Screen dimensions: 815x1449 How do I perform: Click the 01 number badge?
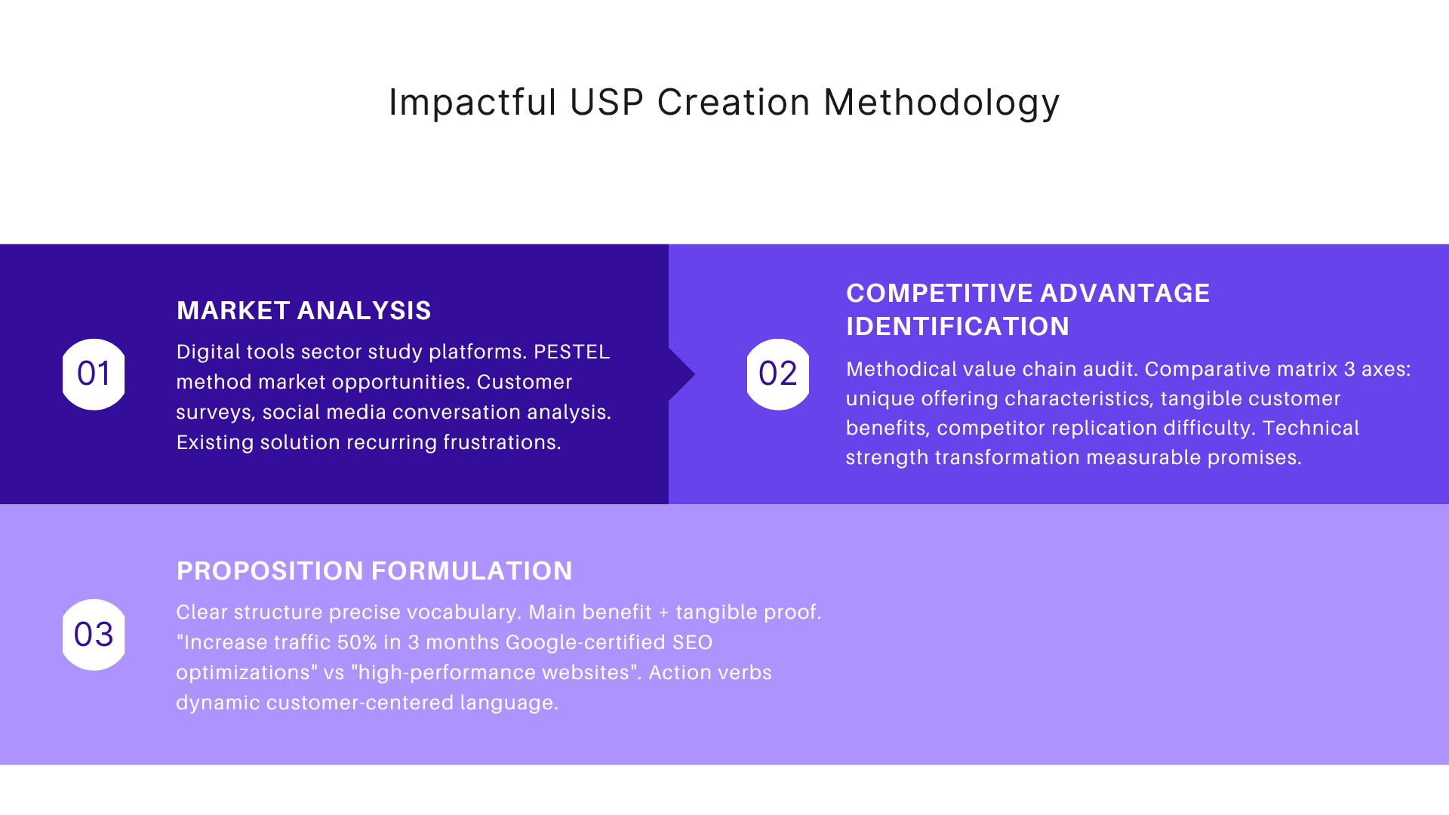[94, 374]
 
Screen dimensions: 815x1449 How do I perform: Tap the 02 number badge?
[777, 374]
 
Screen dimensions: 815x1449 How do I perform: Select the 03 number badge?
[94, 635]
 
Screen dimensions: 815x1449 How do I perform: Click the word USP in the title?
[606, 103]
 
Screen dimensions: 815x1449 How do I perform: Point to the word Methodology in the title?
[941, 103]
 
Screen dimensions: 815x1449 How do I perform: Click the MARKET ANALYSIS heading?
[303, 310]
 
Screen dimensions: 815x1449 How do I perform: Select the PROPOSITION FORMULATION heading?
[374, 570]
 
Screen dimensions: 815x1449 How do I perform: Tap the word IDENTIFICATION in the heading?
[957, 326]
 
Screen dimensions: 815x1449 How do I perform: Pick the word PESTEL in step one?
[571, 352]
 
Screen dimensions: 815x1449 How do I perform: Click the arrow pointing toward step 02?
[682, 374]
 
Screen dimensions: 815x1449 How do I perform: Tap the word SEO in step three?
[692, 642]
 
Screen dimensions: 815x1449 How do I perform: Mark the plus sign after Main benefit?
[663, 613]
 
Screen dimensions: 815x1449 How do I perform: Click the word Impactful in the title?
[472, 103]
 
